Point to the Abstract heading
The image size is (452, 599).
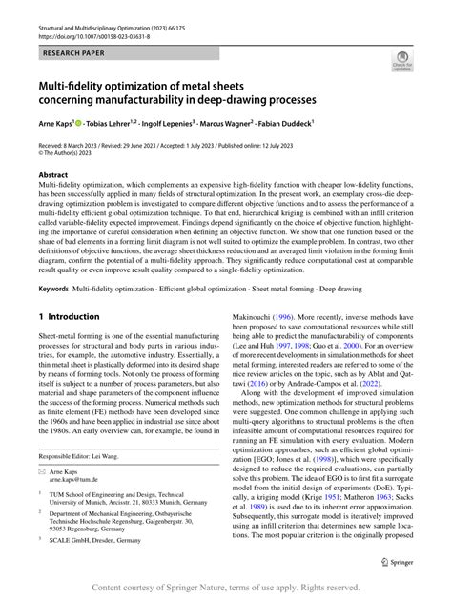(52, 176)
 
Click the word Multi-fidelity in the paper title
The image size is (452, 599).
(76, 86)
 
